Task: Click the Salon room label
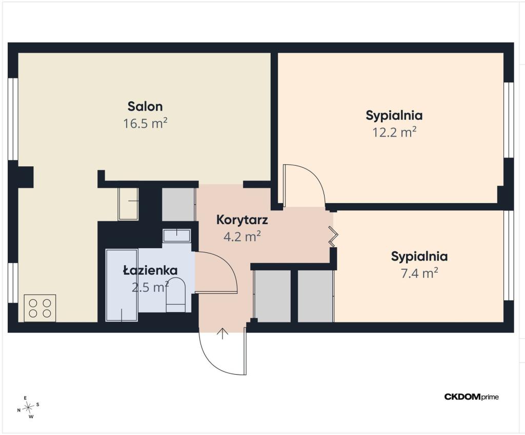coord(145,106)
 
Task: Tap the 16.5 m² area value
coord(145,123)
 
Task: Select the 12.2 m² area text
coord(394,133)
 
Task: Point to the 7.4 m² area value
coord(419,273)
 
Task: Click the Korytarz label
coord(242,220)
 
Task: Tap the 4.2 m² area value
coord(242,236)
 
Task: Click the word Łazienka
coord(150,270)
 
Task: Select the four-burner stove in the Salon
coord(40,308)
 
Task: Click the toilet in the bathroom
coord(176,294)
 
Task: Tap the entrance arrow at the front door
coord(223,334)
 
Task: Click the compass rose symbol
coord(29,407)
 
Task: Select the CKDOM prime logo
coord(472,397)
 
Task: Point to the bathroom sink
coord(176,235)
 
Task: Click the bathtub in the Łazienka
coord(122,285)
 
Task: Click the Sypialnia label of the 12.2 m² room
coord(394,115)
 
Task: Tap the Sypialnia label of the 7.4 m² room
coord(419,256)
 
